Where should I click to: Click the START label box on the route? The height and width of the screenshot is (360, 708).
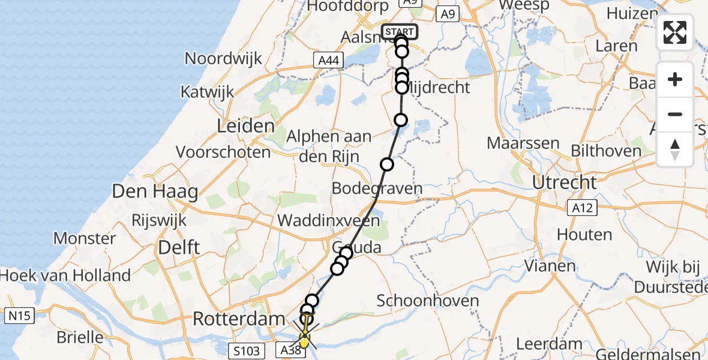coord(399,32)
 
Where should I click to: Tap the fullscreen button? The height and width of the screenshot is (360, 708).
coord(675,32)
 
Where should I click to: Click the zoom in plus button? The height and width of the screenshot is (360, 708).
coord(675,79)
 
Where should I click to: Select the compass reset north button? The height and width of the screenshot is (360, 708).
coord(675,149)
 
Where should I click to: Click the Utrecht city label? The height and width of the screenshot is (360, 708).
coord(567,182)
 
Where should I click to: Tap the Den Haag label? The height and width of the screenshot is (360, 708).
coord(155,193)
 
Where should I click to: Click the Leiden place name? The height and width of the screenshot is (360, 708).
coord(247,127)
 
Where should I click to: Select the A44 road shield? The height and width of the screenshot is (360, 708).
coord(329,60)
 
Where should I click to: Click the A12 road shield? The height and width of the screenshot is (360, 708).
coord(582,208)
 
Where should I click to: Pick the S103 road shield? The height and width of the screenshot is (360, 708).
coord(247,350)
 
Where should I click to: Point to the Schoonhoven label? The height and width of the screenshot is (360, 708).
coord(428,301)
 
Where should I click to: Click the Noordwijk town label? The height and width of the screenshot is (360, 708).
coord(224,59)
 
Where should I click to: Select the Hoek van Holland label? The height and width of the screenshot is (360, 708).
coord(65,275)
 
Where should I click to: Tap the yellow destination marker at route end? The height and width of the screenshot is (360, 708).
coord(304,343)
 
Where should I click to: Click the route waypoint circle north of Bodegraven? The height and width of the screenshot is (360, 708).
coord(387,164)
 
